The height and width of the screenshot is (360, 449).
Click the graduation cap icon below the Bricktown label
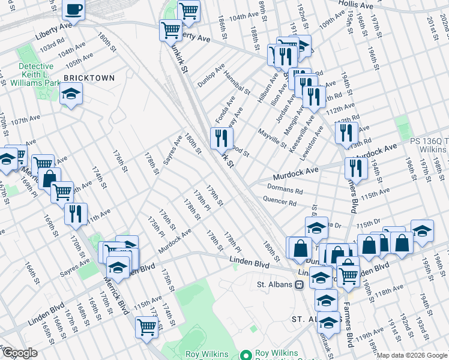[x=71, y=94]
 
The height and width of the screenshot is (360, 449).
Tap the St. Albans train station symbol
[x=298, y=284]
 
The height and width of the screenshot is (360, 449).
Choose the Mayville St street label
[x=272, y=136]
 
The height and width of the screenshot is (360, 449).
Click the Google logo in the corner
[x=20, y=353]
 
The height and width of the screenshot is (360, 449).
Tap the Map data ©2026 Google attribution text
[x=412, y=355]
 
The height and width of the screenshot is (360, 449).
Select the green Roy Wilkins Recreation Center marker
[x=245, y=354]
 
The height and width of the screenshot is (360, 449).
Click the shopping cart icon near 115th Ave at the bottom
[x=146, y=327]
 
